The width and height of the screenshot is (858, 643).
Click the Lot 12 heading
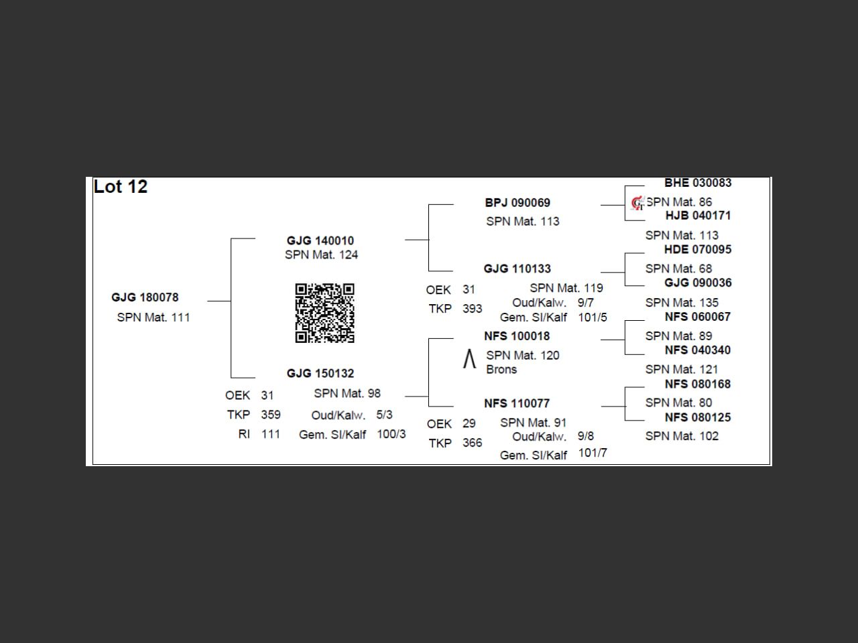[121, 187]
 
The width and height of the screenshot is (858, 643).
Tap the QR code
[324, 313]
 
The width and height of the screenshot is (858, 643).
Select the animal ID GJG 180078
[145, 297]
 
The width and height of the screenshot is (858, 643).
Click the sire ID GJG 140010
[320, 240]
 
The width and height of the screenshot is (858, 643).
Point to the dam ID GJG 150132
[320, 373]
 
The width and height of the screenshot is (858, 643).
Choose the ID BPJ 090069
[517, 202]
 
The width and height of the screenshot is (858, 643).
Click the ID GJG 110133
[517, 269]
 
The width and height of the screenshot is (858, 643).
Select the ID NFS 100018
[517, 336]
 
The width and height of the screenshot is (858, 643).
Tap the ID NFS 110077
[517, 403]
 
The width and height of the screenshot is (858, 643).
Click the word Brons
[501, 370]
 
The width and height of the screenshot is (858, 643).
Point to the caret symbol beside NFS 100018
[469, 360]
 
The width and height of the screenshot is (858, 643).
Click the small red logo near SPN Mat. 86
[637, 203]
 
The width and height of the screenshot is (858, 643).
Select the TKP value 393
[472, 309]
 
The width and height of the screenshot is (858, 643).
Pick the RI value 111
[271, 434]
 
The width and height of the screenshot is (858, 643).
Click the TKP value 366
[472, 443]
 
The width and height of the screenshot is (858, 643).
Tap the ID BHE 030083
[698, 183]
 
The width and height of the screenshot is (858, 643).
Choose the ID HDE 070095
[698, 249]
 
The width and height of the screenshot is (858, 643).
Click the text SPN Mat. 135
[682, 303]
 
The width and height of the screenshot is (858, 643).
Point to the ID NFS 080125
[698, 417]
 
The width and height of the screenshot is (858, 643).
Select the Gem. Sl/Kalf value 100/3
[391, 434]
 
